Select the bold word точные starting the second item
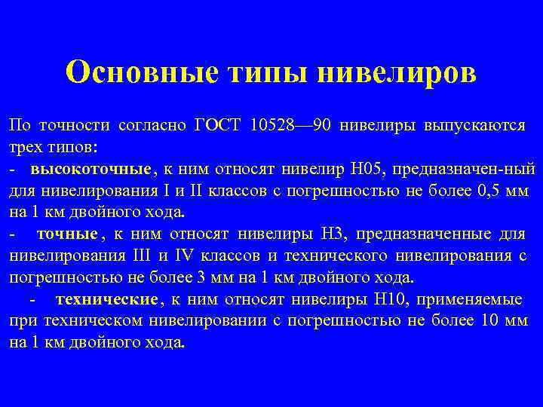coord(67,233)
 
